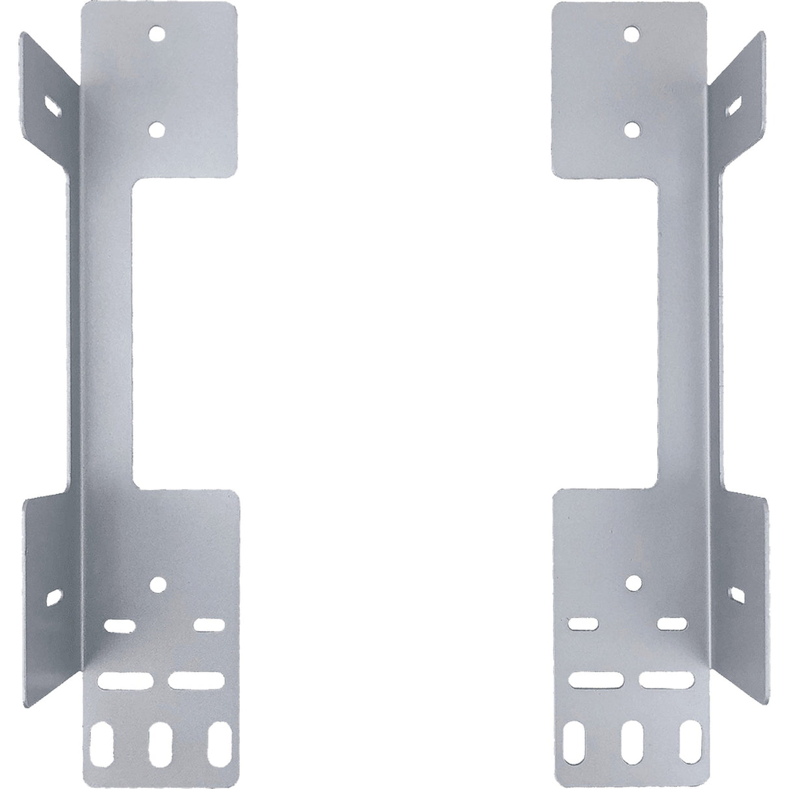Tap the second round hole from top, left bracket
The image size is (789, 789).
[156, 129]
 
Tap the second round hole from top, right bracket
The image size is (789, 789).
[629, 129]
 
